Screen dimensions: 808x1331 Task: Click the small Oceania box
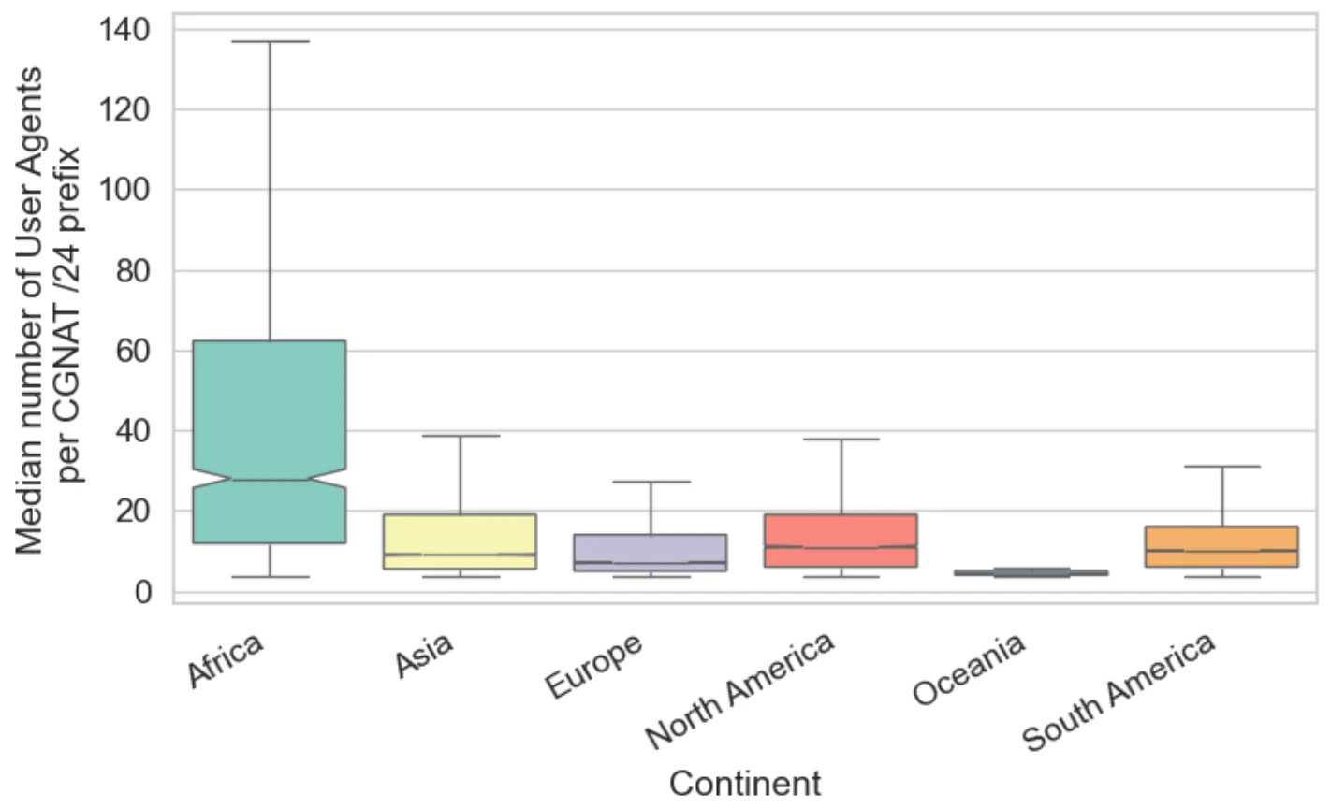[1030, 571]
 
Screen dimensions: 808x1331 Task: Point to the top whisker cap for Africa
[270, 41]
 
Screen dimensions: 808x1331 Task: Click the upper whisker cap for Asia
[460, 436]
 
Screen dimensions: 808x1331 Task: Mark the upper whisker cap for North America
[840, 439]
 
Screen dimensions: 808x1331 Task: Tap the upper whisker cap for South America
[1221, 466]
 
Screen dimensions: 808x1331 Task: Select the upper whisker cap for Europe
[650, 482]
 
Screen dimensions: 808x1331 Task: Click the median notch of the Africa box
[270, 480]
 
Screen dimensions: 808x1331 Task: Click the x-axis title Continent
[745, 783]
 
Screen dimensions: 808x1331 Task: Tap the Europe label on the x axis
[596, 666]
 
